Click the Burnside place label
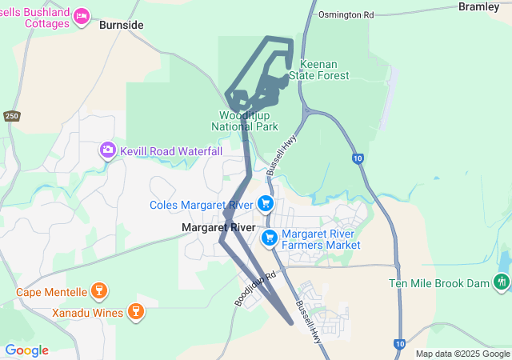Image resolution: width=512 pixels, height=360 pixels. (122, 25)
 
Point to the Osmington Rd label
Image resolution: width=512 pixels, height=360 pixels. (346, 14)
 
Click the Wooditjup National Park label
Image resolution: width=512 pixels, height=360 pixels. (245, 121)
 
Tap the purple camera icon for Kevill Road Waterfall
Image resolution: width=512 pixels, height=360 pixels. (107, 150)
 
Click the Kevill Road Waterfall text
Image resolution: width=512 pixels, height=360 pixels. (171, 151)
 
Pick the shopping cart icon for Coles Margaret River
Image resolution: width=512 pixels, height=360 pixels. (266, 205)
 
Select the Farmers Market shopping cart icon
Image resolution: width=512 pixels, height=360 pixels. (270, 238)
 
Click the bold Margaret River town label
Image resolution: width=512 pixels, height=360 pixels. (218, 228)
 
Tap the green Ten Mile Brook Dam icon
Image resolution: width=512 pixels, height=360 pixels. (501, 282)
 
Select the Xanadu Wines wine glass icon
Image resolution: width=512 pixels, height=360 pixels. (135, 311)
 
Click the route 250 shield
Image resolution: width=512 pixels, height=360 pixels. (11, 116)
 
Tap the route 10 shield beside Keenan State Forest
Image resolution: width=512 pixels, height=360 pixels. (357, 158)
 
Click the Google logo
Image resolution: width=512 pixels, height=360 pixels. (26, 350)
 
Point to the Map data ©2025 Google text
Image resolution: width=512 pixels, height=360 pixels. (462, 354)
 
